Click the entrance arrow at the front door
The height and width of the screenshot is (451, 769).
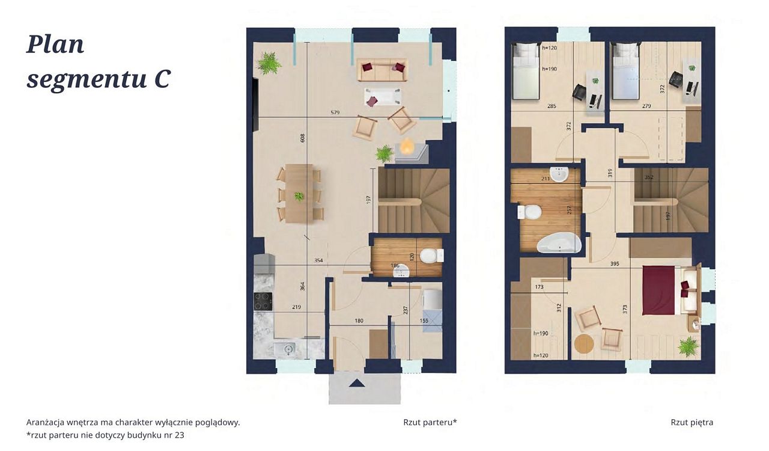tap(356, 383)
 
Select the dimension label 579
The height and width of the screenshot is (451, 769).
tap(335, 112)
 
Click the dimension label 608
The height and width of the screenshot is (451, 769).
tap(302, 138)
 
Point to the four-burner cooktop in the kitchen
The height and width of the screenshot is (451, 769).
tap(263, 301)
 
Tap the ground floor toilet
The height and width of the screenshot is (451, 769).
tap(431, 256)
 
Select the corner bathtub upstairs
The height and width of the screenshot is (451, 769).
tap(559, 243)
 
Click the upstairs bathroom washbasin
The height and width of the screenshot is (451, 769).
tap(559, 174)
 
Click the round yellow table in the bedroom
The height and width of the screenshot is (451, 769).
tap(584, 344)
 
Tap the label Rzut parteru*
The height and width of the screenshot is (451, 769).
tap(430, 423)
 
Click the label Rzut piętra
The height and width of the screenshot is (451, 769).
tap(691, 423)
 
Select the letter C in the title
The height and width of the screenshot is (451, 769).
tap(162, 79)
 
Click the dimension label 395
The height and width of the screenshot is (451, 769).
tap(615, 263)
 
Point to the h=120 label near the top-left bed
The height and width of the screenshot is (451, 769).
tap(549, 48)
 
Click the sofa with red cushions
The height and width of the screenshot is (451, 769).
tap(383, 69)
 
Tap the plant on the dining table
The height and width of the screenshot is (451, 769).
tap(299, 197)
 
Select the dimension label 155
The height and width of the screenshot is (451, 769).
tap(424, 321)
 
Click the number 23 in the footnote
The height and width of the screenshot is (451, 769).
tap(180, 435)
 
